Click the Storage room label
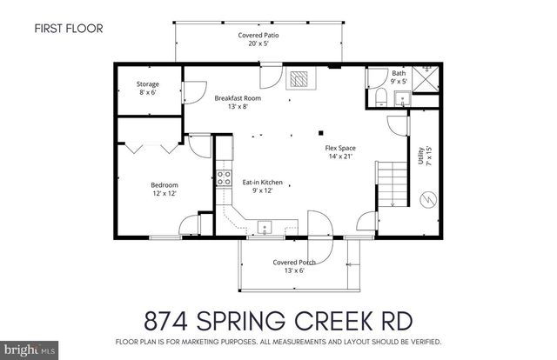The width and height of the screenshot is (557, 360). tap(147, 88)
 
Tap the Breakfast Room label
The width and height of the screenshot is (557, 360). tap(238, 103)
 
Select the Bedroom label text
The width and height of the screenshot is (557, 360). tap(164, 189)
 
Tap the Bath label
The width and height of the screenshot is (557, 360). tap(399, 77)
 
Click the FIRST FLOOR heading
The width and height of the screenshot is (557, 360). tap(69, 29)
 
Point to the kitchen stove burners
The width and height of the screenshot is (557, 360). tap(223, 179)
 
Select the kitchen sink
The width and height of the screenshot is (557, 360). tap(264, 228)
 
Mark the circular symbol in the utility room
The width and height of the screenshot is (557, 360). tap(426, 200)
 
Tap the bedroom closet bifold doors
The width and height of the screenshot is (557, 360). tap(144, 147)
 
